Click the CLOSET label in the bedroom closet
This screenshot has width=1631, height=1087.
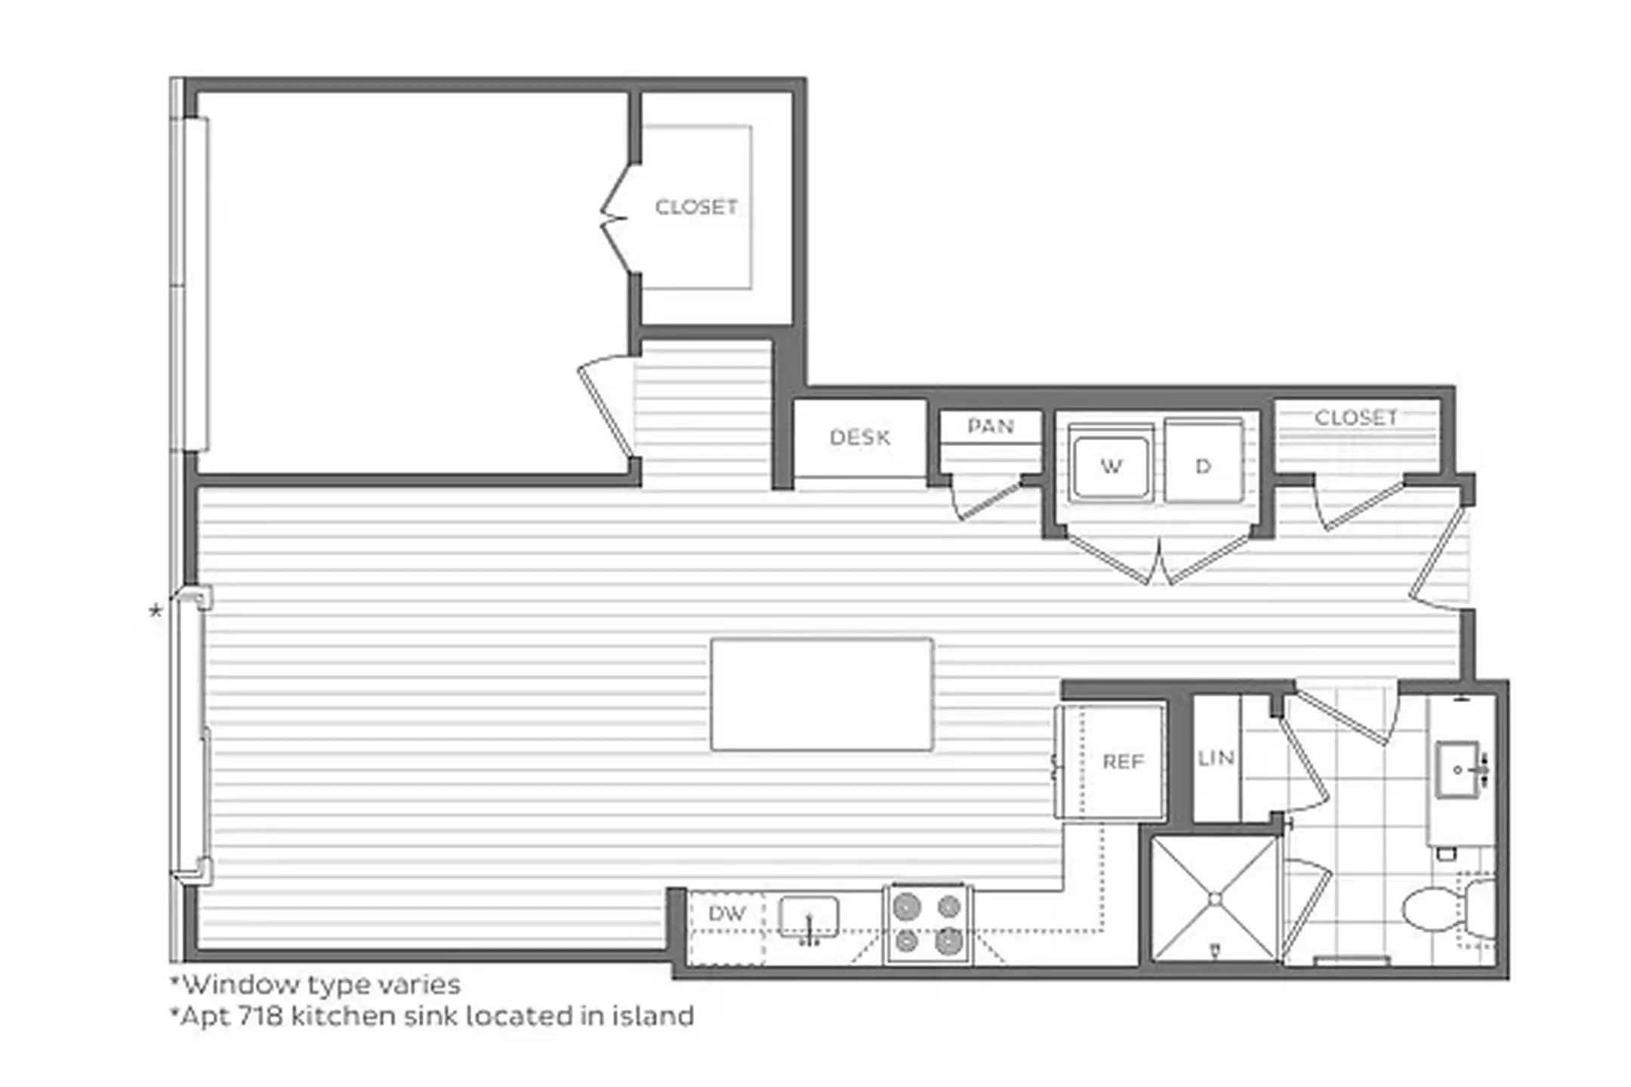[695, 207]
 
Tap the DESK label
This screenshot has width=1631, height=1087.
[859, 437]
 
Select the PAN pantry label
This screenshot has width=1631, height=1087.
[990, 426]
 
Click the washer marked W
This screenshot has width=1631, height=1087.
[1111, 467]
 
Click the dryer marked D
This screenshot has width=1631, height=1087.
[1203, 466]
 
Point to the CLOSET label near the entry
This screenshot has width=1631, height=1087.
[1356, 417]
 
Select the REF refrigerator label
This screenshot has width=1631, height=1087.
[1123, 762]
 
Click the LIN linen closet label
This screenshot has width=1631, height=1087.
[1216, 757]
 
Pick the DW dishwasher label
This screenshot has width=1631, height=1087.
[726, 913]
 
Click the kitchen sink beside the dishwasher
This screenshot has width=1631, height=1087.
[809, 919]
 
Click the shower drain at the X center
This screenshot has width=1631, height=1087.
[1215, 899]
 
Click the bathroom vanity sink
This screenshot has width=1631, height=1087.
[1458, 770]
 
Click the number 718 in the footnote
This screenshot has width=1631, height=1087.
[261, 1017]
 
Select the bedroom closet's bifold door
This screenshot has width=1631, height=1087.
[615, 219]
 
